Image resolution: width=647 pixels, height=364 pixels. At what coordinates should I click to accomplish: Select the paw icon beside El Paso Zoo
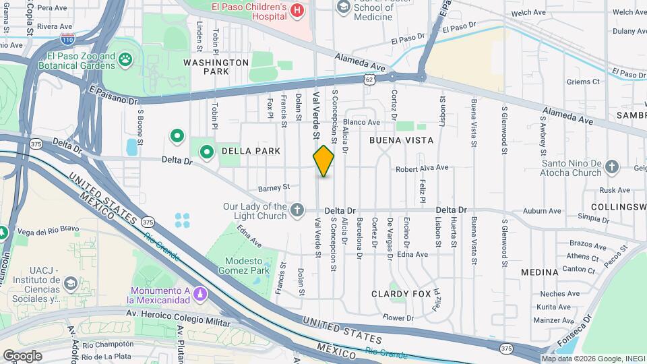[125, 61]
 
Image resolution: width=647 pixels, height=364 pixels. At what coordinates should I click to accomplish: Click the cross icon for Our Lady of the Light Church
[297, 211]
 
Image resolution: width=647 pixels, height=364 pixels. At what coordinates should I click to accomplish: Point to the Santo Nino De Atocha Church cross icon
[612, 166]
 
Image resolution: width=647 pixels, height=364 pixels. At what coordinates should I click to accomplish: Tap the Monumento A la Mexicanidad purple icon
[199, 295]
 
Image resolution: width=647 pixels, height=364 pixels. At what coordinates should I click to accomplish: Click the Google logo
[22, 355]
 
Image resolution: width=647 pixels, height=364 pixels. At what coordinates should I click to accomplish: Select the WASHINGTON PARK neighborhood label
[216, 67]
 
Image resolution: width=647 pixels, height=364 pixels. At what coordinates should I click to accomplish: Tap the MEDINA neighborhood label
[539, 272]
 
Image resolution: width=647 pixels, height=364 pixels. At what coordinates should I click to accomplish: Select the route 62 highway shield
[369, 80]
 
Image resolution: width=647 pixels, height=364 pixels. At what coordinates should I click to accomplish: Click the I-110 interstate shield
[67, 40]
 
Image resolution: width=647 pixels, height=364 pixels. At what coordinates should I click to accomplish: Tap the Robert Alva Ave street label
[422, 168]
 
